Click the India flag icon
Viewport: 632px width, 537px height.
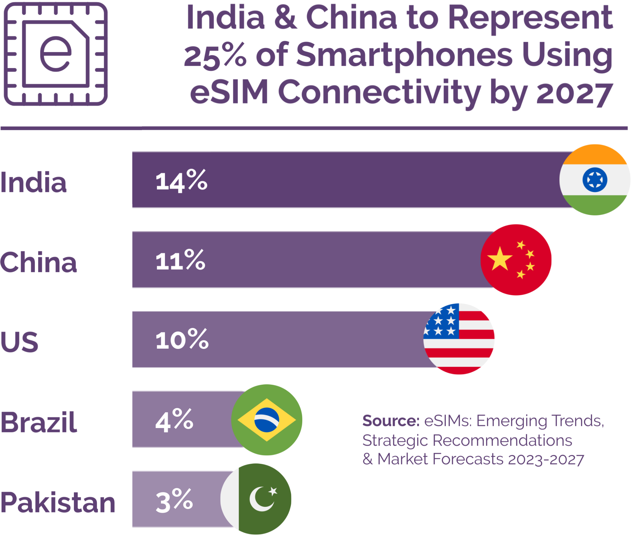(x=594, y=180)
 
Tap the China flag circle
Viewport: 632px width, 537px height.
(x=516, y=260)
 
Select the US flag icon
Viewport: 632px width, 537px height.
(x=459, y=339)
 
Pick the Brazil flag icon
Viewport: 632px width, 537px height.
(x=267, y=420)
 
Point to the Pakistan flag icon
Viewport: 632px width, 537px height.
(x=256, y=499)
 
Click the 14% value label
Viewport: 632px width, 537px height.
(x=181, y=181)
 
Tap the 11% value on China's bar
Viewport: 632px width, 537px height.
(x=180, y=260)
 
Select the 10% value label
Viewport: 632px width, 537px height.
(x=182, y=339)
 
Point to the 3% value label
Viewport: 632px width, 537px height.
(x=174, y=500)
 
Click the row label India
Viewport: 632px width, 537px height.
(x=33, y=182)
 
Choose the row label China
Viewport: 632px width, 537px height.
(x=38, y=262)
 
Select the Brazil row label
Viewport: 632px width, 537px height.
(x=39, y=422)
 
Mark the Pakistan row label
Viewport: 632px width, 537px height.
(x=58, y=502)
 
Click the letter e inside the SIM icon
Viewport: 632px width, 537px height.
(x=56, y=54)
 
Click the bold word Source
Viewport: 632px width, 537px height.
(x=391, y=421)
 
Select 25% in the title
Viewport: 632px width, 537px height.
(x=215, y=55)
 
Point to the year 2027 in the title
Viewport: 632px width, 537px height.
(x=574, y=93)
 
